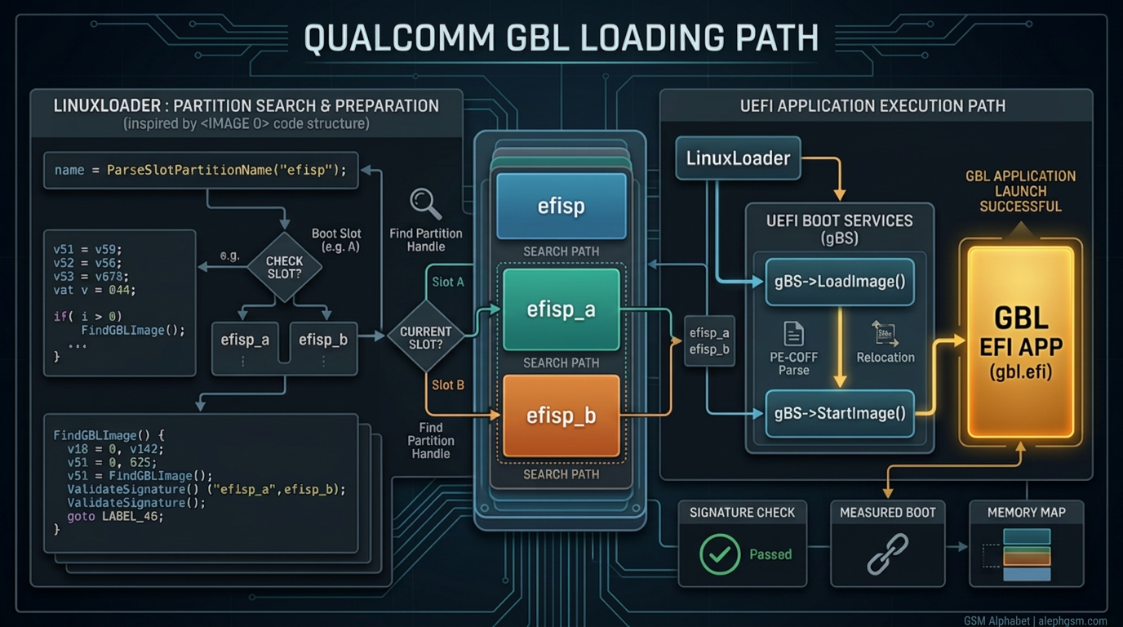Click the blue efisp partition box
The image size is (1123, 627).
[561, 206]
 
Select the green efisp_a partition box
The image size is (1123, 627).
[561, 310]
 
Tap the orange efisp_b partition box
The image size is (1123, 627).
[561, 416]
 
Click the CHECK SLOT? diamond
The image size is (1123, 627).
[284, 267]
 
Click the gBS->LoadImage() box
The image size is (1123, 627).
[839, 282]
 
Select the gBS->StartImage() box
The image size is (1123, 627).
[839, 413]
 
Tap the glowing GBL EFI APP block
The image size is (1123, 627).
[1020, 343]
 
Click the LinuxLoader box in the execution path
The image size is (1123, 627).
[738, 158]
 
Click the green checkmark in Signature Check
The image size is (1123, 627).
[720, 554]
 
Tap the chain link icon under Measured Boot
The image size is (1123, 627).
[887, 554]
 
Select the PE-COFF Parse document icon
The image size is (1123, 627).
[793, 334]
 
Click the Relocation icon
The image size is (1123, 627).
[885, 332]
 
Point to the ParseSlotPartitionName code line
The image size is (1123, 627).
[200, 170]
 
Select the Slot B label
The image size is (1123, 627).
[448, 385]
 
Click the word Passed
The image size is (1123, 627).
[770, 554]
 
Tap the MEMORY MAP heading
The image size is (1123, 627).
[1025, 512]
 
